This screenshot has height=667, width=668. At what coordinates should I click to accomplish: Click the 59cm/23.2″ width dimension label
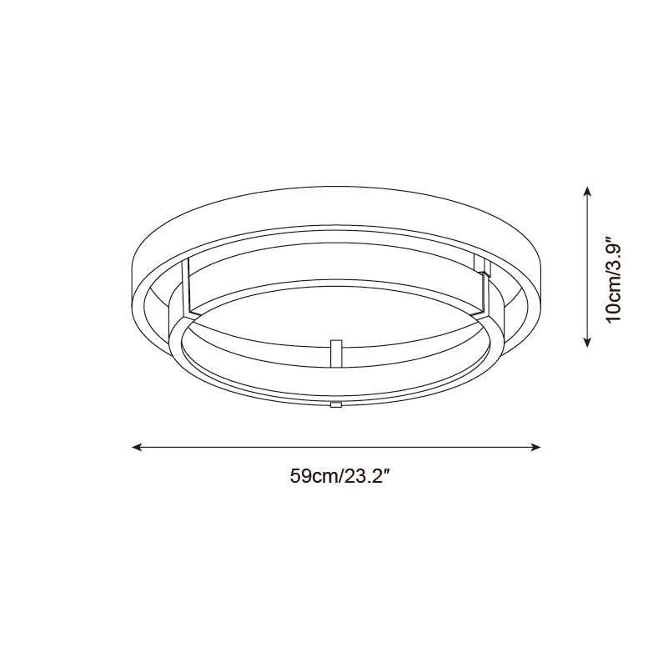tap(340, 476)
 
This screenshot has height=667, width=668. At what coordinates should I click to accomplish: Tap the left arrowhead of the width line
tap(136, 447)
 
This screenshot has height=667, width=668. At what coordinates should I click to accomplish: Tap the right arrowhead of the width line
tap(536, 447)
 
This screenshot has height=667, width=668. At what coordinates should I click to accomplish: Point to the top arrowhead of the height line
tap(587, 191)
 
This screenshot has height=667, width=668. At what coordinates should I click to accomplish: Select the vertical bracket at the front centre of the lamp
tap(336, 354)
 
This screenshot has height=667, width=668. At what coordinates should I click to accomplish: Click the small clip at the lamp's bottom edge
tap(336, 404)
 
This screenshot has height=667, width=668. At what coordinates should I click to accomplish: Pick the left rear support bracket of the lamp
tap(186, 288)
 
